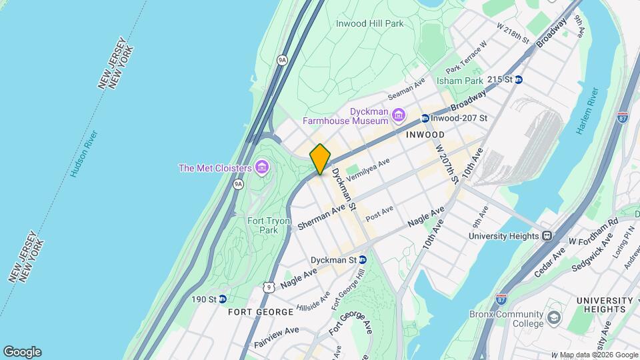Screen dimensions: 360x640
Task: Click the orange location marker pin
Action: tap(320, 159)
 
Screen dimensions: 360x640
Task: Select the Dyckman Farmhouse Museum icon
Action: tap(398, 115)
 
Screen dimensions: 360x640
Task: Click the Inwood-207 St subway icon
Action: tap(424, 119)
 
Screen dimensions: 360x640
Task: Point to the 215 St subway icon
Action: tap(518, 79)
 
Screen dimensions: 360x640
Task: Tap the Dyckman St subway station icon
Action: tap(363, 259)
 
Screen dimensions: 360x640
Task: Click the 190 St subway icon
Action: tap(223, 299)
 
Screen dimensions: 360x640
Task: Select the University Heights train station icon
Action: tap(547, 235)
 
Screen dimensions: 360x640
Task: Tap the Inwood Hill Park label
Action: tap(369, 23)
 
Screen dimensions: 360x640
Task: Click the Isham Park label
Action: tap(459, 81)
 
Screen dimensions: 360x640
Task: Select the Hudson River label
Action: tap(83, 154)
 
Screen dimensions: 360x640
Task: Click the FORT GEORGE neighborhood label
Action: tap(260, 312)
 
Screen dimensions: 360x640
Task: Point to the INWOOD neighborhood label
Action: tap(420, 135)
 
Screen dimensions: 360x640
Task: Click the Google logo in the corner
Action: tap(22, 352)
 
